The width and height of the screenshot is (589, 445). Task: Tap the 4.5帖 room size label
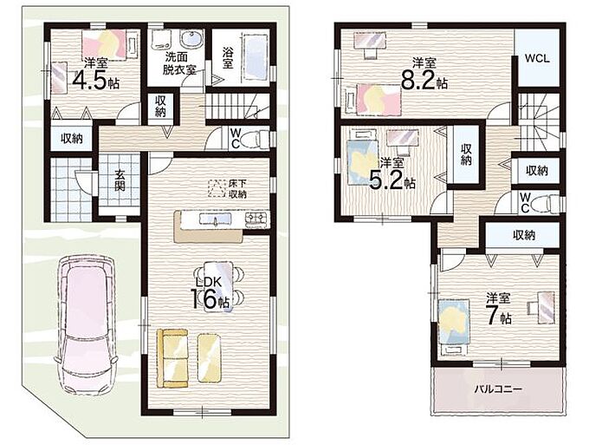pyautogui.click(x=95, y=81)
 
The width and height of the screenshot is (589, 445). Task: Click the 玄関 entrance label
pyautogui.click(x=120, y=180)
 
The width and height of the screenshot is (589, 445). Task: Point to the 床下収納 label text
pyautogui.click(x=237, y=189)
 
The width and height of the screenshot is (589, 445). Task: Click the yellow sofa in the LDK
pyautogui.click(x=172, y=357)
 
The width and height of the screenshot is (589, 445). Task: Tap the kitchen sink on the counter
pyautogui.click(x=215, y=219)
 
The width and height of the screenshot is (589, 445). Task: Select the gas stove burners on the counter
pyautogui.click(x=257, y=218)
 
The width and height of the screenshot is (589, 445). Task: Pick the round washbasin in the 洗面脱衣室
pyautogui.click(x=191, y=38)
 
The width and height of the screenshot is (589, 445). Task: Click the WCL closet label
pyautogui.click(x=537, y=58)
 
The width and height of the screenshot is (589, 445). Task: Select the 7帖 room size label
pyautogui.click(x=499, y=317)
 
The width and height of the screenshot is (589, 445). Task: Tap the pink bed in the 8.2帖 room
pyautogui.click(x=379, y=99)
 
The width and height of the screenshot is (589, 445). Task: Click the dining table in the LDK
pyautogui.click(x=219, y=286)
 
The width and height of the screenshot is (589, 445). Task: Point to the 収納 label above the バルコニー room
pyautogui.click(x=524, y=235)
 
